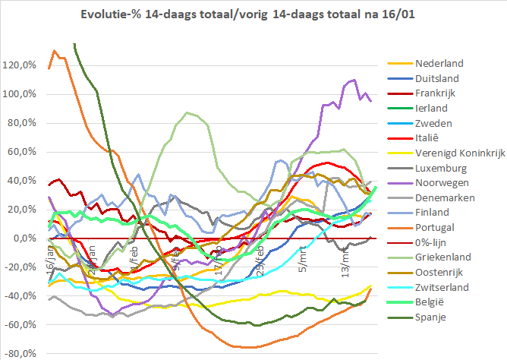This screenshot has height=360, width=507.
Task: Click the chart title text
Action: [x=253, y=14]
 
